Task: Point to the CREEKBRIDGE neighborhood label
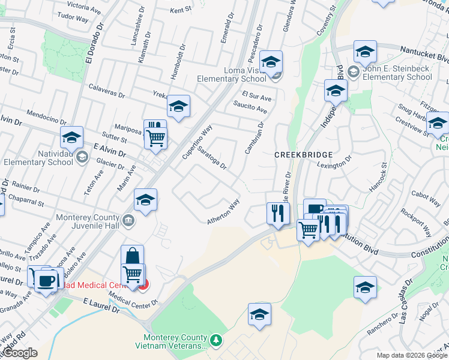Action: pyautogui.click(x=300, y=154)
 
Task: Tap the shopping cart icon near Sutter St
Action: pyautogui.click(x=155, y=138)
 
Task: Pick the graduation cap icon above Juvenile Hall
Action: pyautogui.click(x=145, y=201)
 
